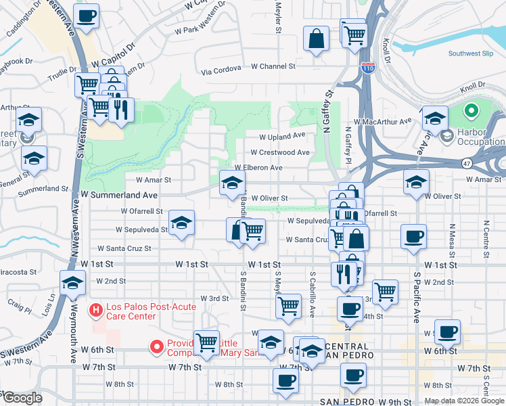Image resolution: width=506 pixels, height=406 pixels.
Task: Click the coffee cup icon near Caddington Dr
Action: point(86,16)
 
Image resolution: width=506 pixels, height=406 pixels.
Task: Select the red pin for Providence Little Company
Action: point(157,348)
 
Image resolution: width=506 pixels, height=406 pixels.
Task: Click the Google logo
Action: point(22,398)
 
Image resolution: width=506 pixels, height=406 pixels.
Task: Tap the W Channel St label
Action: point(273,66)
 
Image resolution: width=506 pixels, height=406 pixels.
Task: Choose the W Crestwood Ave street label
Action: point(279,153)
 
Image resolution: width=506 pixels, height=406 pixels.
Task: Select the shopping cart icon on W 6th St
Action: point(206,342)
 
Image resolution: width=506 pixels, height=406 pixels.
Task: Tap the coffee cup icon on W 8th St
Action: point(285,380)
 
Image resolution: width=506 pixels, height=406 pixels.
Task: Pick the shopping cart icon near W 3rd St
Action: point(288,304)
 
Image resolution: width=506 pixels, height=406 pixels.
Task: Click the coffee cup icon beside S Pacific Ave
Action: point(413,237)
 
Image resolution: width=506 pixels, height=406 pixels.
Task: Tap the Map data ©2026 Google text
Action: point(463,401)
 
